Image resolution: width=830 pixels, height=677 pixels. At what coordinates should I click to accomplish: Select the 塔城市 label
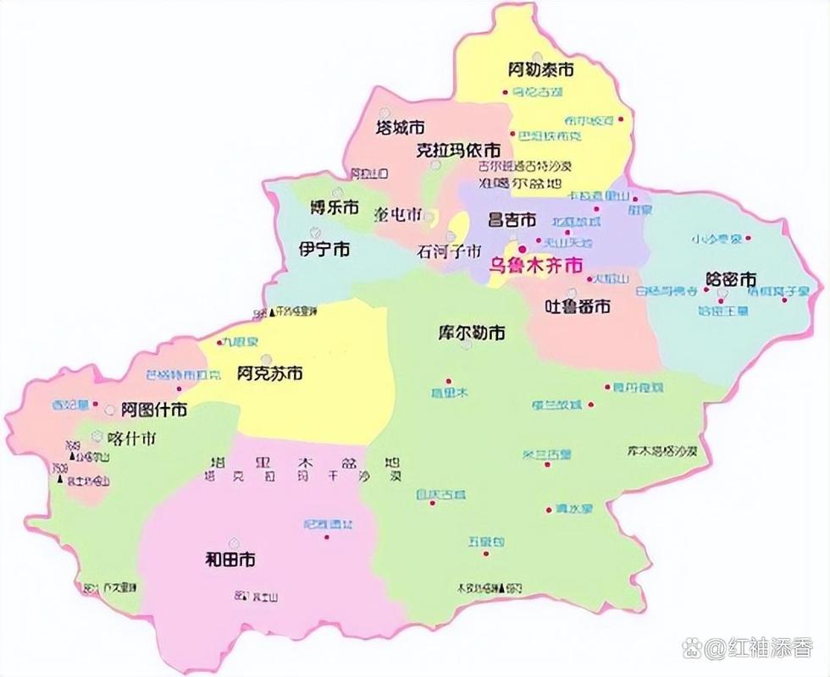(400, 129)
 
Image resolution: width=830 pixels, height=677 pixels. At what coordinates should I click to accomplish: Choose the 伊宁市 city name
(325, 250)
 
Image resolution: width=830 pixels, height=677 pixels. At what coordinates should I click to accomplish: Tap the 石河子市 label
(449, 251)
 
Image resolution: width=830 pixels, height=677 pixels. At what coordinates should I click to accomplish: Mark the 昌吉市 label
(512, 220)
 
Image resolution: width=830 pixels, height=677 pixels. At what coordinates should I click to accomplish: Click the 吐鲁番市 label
(577, 307)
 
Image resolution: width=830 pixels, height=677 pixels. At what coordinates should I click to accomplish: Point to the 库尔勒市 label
(472, 333)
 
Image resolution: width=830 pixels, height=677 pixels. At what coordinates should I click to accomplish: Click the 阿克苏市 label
(270, 372)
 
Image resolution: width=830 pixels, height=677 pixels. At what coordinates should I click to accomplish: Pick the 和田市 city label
(230, 559)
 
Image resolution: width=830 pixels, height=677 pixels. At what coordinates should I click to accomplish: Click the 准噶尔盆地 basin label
(508, 183)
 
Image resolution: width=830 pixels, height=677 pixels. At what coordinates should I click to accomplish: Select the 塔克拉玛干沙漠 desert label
(303, 478)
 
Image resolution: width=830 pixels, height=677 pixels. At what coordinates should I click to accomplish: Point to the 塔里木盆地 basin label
(303, 463)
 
